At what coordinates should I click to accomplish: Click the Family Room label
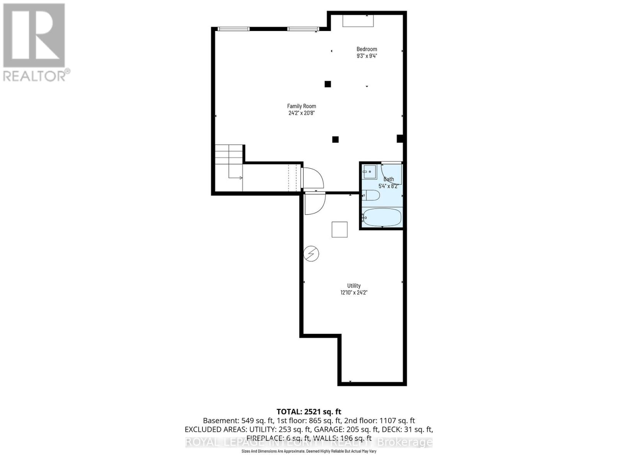pyautogui.click(x=301, y=106)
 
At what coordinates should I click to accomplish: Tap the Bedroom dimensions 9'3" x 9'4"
pyautogui.click(x=367, y=56)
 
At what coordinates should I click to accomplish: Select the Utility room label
pyautogui.click(x=353, y=286)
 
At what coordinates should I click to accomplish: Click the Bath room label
pyautogui.click(x=389, y=179)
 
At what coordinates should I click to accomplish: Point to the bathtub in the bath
pyautogui.click(x=382, y=218)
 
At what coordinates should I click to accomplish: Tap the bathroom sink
pyautogui.click(x=370, y=172)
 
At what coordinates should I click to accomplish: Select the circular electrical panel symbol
pyautogui.click(x=311, y=254)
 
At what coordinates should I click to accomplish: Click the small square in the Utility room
pyautogui.click(x=340, y=229)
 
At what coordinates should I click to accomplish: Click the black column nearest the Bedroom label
pyautogui.click(x=328, y=84)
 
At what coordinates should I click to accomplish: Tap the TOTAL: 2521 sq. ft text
pyautogui.click(x=309, y=412)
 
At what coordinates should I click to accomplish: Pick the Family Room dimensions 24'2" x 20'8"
pyautogui.click(x=301, y=113)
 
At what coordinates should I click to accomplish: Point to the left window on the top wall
pyautogui.click(x=233, y=29)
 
